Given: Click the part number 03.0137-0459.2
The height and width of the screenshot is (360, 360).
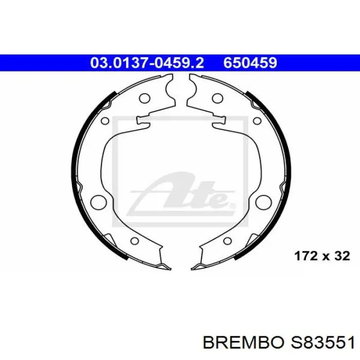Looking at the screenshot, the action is (147, 63).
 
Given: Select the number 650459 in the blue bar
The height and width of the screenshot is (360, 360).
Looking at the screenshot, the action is (250, 63).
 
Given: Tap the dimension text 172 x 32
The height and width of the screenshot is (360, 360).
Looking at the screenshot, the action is (322, 256).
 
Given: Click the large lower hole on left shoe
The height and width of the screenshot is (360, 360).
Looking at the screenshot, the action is (99, 203).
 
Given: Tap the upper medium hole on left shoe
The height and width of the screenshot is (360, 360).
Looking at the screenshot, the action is (145, 99).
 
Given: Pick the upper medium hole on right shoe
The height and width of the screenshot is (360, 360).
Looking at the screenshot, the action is (218, 99).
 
